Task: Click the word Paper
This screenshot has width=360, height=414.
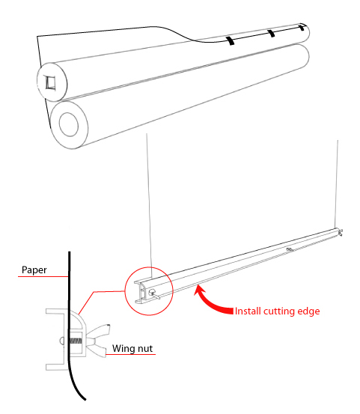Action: pos(34,270)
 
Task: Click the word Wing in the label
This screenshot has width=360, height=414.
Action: pos(123,349)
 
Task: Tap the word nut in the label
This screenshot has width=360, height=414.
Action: pos(144,349)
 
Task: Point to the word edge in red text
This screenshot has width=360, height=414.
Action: pos(308,311)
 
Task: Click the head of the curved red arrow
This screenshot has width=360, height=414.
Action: pos(199,290)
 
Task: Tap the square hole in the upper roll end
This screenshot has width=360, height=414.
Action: pos(50,82)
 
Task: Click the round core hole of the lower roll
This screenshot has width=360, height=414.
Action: pos(69,124)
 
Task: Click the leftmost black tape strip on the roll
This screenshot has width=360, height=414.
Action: pos(231,40)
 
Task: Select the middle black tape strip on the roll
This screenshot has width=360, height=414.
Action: pos(272,33)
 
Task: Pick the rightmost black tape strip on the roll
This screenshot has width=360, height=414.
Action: pos(302,27)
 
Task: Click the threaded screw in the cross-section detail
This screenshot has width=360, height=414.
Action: pos(76,341)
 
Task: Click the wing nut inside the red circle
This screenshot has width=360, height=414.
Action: pos(154,294)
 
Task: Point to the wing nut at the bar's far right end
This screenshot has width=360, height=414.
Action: pos(341,232)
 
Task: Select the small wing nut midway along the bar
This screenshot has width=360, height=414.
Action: pos(290,249)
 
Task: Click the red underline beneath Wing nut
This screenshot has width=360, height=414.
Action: pos(130,354)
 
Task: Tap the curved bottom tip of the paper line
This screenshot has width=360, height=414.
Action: pos(85,399)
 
